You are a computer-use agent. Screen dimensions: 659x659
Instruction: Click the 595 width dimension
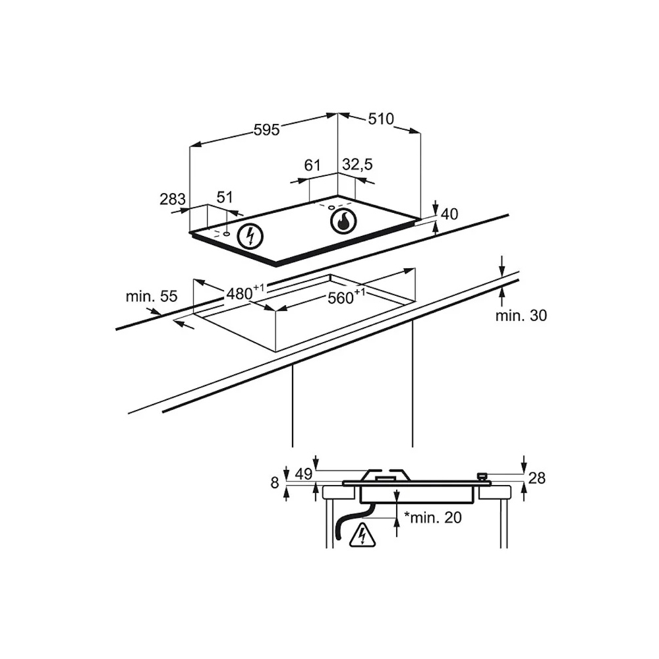266,130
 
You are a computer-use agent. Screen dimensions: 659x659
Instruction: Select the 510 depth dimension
381,119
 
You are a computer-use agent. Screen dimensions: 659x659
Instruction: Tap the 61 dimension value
312,165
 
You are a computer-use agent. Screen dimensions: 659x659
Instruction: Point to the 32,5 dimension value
357,164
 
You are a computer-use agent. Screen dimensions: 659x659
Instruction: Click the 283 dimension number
172,199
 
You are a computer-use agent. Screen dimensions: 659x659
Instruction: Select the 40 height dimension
449,214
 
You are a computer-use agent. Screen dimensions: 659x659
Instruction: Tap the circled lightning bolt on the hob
250,236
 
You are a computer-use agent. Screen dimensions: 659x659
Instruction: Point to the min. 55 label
152,297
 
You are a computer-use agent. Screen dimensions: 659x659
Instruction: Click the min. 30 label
521,315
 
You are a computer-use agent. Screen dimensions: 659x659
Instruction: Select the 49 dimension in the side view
303,474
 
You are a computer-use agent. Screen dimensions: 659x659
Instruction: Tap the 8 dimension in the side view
275,483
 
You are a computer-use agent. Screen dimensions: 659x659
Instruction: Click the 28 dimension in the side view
536,478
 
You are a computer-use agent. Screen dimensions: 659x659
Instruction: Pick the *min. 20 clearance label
432,517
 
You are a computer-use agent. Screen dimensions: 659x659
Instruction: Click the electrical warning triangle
361,535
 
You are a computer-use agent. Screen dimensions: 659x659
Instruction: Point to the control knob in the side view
482,477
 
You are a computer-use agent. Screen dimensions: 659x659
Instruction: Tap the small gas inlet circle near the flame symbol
331,207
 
